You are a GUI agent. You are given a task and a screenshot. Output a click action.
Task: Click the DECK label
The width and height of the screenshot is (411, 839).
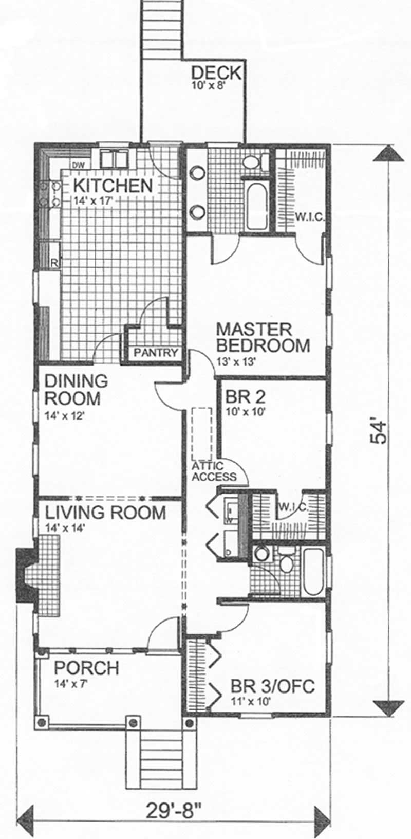coord(215,72)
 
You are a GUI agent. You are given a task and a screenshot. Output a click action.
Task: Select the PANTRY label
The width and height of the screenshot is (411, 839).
coord(156,353)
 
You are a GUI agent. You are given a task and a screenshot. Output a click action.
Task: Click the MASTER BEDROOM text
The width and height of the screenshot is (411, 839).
coord(262,337)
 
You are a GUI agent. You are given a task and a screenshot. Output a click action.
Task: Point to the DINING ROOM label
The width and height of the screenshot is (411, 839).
coord(76,390)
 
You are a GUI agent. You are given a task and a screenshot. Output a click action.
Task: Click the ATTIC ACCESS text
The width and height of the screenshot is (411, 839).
coord(214,471)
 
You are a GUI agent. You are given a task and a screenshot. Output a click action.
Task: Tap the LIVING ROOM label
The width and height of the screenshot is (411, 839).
coord(105,513)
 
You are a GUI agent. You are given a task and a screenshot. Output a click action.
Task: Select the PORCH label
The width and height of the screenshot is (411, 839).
coord(86,668)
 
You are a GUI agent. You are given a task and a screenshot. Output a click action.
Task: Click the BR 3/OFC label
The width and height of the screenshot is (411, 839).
coord(272,686)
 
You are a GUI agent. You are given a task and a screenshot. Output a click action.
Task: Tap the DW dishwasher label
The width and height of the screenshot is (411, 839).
coord(78,165)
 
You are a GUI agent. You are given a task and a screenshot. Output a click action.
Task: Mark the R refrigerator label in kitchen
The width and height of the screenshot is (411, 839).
coord(54,263)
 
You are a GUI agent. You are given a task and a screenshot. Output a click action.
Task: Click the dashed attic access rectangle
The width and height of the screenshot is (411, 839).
coord(202,433)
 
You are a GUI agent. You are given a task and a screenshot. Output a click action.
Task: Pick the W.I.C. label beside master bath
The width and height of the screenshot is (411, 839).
coord(309,217)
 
